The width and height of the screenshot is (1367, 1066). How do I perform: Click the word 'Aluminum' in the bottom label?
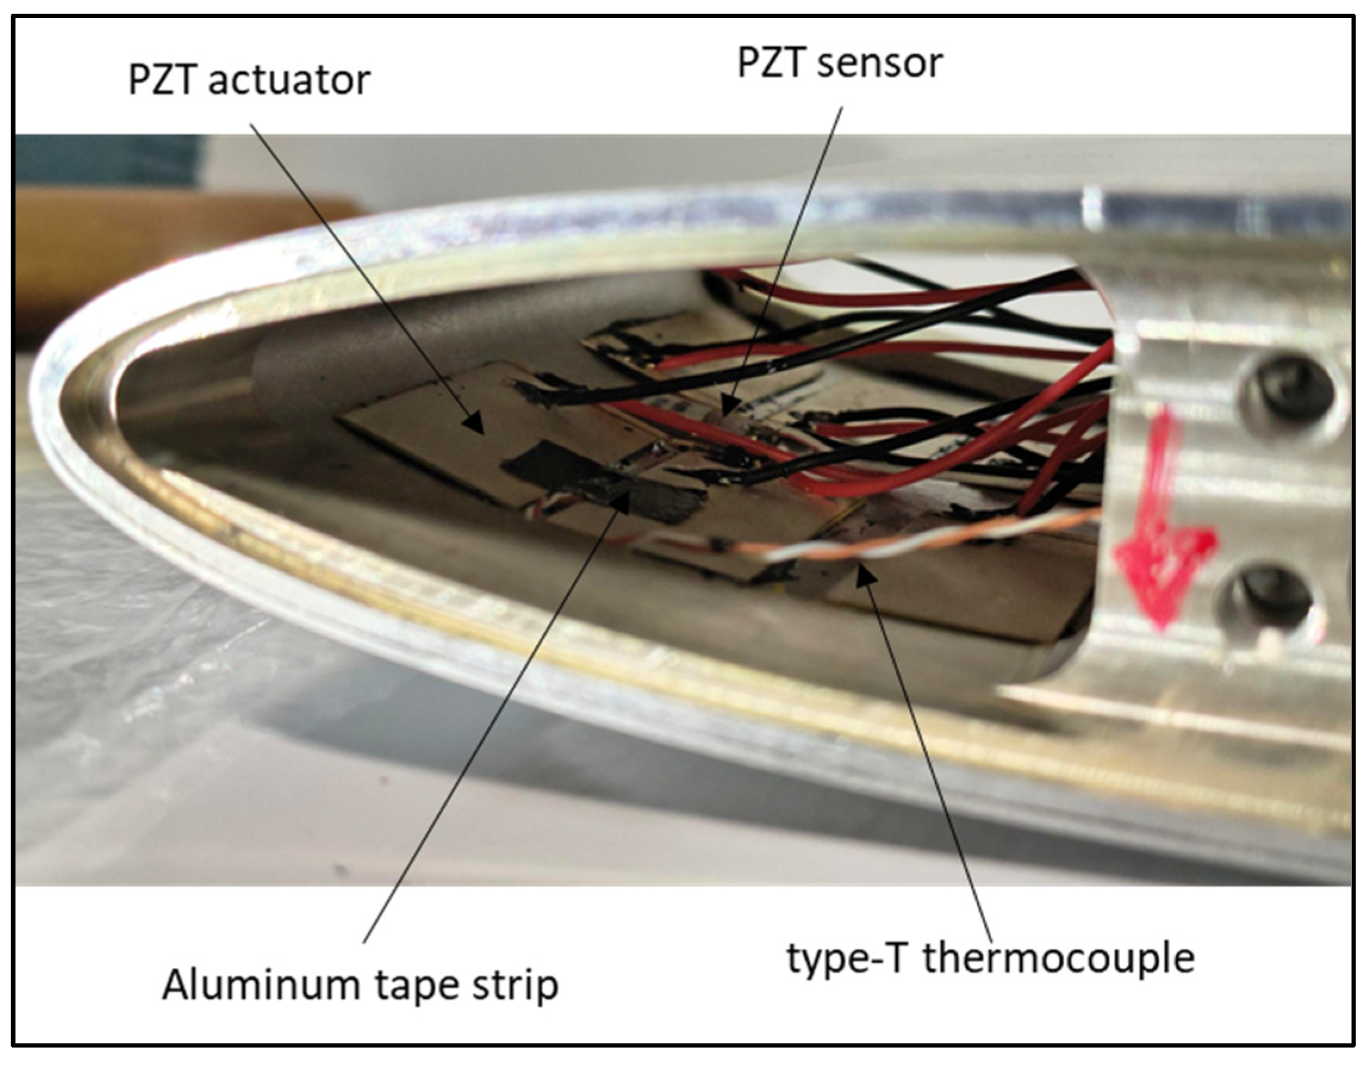pos(259,984)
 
